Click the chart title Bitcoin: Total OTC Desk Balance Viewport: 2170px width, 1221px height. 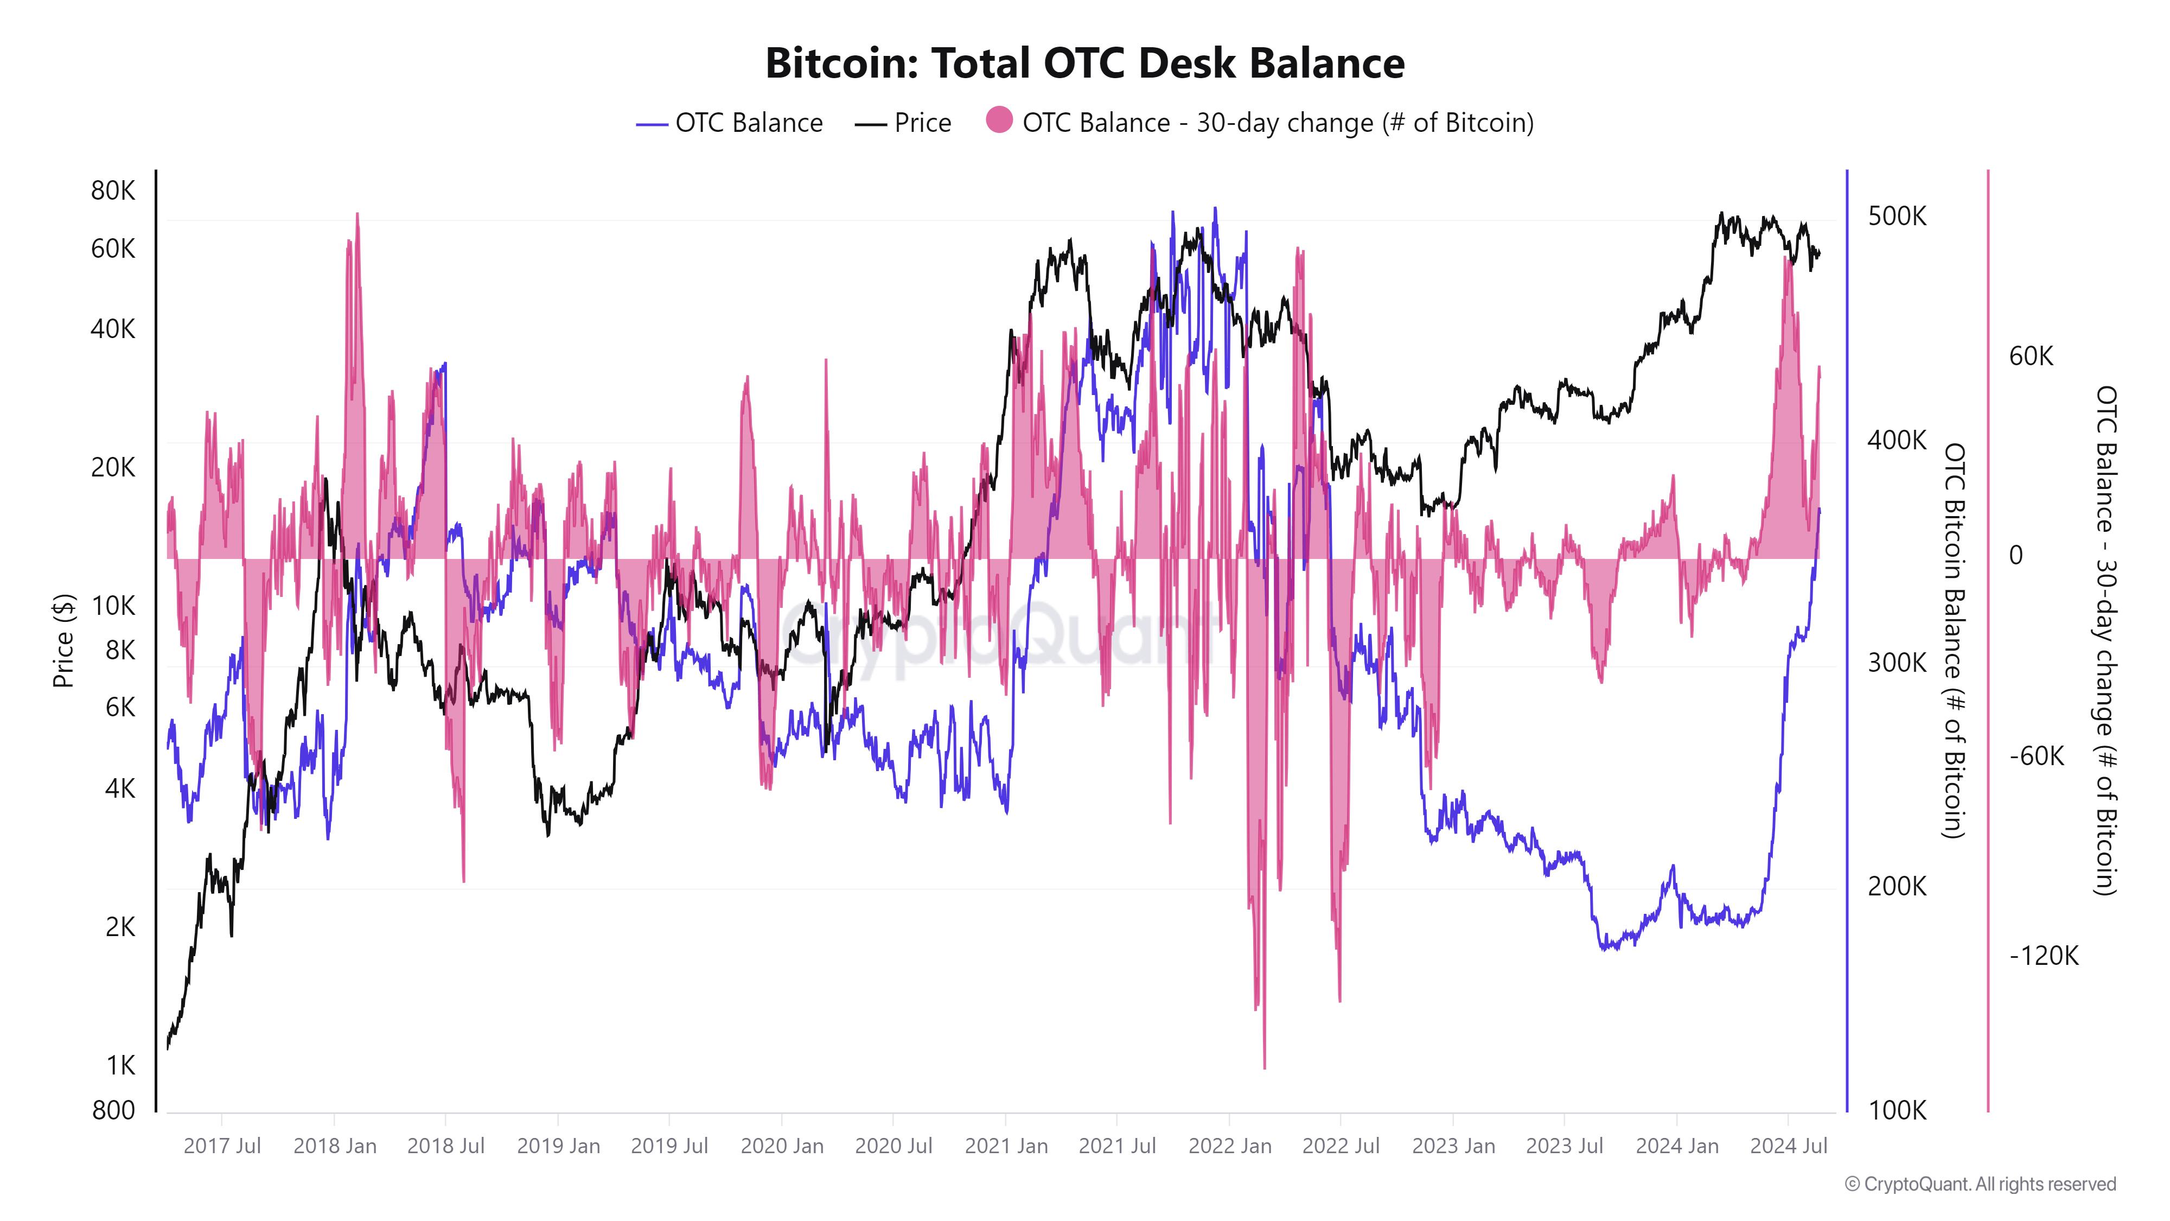(1084, 63)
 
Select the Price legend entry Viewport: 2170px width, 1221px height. (903, 123)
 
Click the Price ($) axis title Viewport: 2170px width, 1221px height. (63, 640)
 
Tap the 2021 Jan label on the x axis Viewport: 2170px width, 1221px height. (1006, 1146)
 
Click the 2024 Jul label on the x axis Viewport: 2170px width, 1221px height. (1788, 1146)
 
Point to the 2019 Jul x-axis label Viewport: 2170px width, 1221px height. (669, 1146)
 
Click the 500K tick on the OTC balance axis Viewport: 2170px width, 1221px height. (1896, 216)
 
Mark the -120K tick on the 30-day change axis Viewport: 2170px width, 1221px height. (2043, 956)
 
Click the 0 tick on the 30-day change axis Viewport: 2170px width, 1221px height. (2016, 555)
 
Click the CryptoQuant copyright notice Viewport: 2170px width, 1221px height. (1980, 1184)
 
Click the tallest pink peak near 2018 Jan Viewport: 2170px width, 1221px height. (357, 216)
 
